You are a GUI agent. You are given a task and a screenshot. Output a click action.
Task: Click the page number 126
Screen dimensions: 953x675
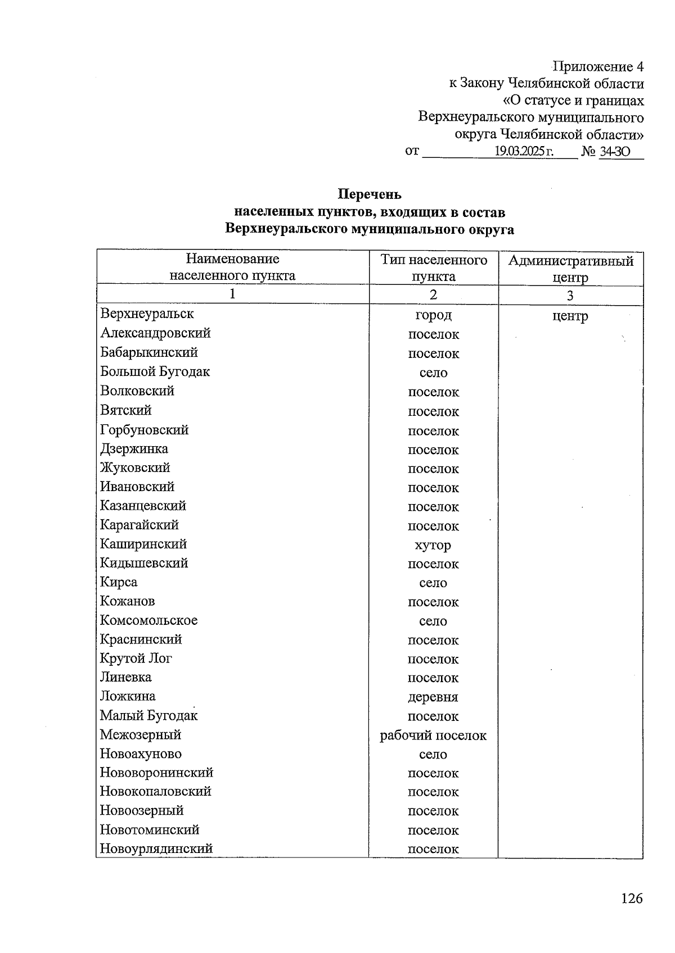(631, 898)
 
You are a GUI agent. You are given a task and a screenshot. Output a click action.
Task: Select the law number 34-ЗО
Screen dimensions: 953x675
(615, 151)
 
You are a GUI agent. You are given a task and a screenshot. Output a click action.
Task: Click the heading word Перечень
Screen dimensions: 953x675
(369, 194)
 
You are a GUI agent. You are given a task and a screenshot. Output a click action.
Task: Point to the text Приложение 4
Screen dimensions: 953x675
(598, 67)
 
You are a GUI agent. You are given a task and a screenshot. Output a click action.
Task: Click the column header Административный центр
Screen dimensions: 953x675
(570, 269)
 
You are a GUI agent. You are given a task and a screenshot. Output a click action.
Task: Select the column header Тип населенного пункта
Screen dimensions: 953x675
(433, 267)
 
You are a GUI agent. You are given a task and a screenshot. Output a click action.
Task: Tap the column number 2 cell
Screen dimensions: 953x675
(433, 295)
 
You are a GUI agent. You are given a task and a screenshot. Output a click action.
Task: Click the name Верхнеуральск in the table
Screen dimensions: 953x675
(147, 314)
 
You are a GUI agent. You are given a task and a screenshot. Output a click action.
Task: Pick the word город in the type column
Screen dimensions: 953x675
(433, 315)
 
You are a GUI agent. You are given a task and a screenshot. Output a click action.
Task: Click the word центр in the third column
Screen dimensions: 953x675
(570, 316)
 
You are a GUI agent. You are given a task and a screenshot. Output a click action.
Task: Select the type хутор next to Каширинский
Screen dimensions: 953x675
(433, 545)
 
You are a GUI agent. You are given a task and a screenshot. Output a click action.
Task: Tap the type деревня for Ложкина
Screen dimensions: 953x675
(433, 697)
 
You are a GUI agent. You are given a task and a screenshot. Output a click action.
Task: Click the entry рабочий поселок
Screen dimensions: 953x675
(433, 736)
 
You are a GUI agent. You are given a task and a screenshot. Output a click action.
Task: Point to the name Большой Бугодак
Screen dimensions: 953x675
(155, 371)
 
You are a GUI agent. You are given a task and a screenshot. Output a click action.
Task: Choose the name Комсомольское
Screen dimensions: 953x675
(148, 620)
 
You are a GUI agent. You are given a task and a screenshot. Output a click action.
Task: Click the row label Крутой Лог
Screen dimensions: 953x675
(136, 658)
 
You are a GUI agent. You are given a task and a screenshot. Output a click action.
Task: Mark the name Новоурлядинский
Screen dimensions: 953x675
(156, 848)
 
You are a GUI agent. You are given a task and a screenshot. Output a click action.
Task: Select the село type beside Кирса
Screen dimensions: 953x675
(433, 583)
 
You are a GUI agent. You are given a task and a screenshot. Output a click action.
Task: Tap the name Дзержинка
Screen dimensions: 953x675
(134, 448)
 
